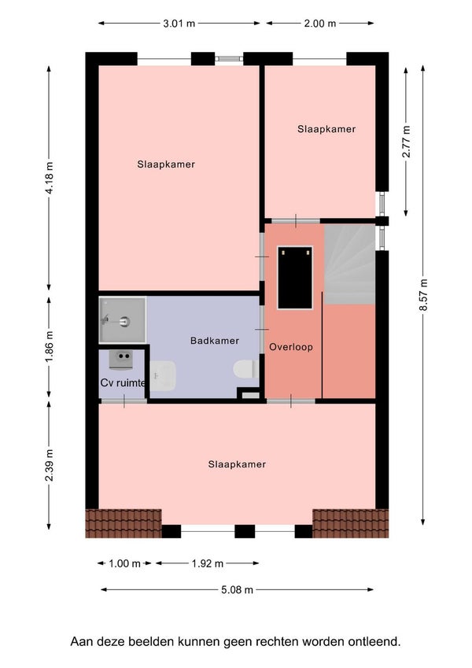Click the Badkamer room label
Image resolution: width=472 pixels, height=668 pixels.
pos(214,341)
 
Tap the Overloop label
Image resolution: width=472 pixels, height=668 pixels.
pos(291,347)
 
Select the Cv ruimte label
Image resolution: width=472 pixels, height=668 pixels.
pos(123,382)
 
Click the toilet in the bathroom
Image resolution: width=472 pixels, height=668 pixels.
pos(245,368)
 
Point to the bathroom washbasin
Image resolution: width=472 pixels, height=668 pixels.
pos(163,376)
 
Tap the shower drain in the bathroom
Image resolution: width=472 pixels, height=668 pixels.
pos(124,322)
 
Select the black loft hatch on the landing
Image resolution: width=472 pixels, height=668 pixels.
pos(295,277)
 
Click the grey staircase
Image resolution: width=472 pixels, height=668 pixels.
pos(349,264)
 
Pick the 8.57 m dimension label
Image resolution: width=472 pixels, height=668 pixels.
pos(423,295)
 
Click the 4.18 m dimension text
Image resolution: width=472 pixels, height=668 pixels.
pos(50,178)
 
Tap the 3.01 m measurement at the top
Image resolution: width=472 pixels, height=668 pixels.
pos(179,24)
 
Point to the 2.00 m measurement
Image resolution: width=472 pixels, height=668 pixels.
pos(320,24)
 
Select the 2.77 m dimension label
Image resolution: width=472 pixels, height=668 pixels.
pos(406,142)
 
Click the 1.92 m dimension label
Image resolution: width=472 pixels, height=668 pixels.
pos(208,563)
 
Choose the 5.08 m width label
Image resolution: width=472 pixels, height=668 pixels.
pos(237,589)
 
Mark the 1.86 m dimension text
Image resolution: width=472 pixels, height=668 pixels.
pos(50,348)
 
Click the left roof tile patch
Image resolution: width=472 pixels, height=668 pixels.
pos(124,523)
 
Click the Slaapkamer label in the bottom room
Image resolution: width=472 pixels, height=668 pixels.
pos(237,464)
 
